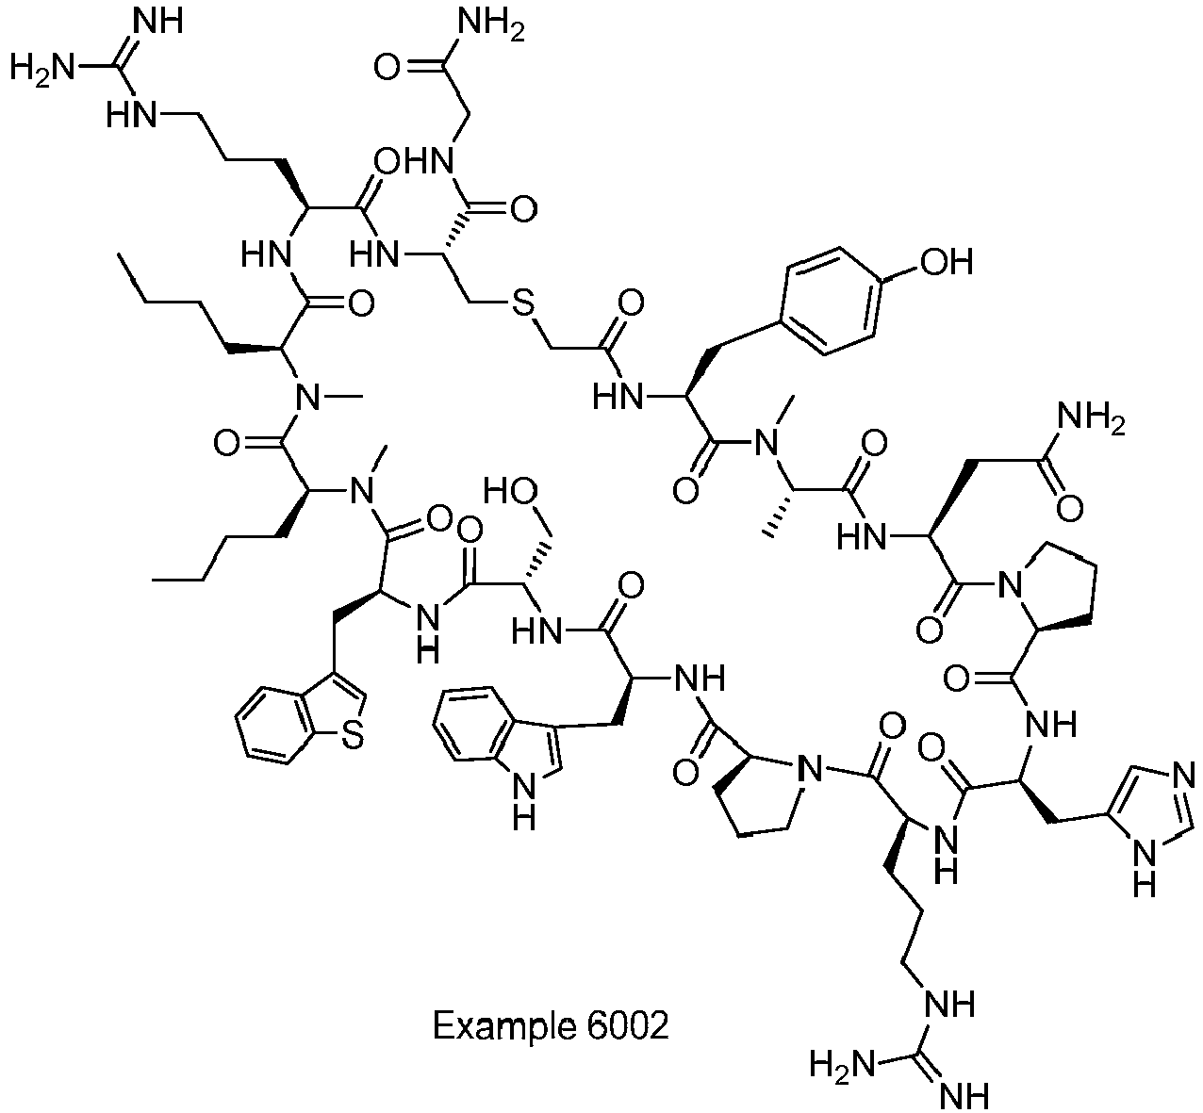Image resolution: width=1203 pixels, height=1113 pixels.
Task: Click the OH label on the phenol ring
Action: [947, 262]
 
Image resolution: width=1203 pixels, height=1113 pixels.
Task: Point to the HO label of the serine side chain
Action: [510, 491]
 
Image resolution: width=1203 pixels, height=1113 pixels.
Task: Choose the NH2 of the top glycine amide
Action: [491, 26]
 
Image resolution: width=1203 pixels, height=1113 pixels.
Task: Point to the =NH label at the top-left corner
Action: [157, 21]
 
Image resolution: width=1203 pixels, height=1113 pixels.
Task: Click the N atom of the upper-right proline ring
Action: [1008, 585]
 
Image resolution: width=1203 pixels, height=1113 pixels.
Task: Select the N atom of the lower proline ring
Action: [810, 770]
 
